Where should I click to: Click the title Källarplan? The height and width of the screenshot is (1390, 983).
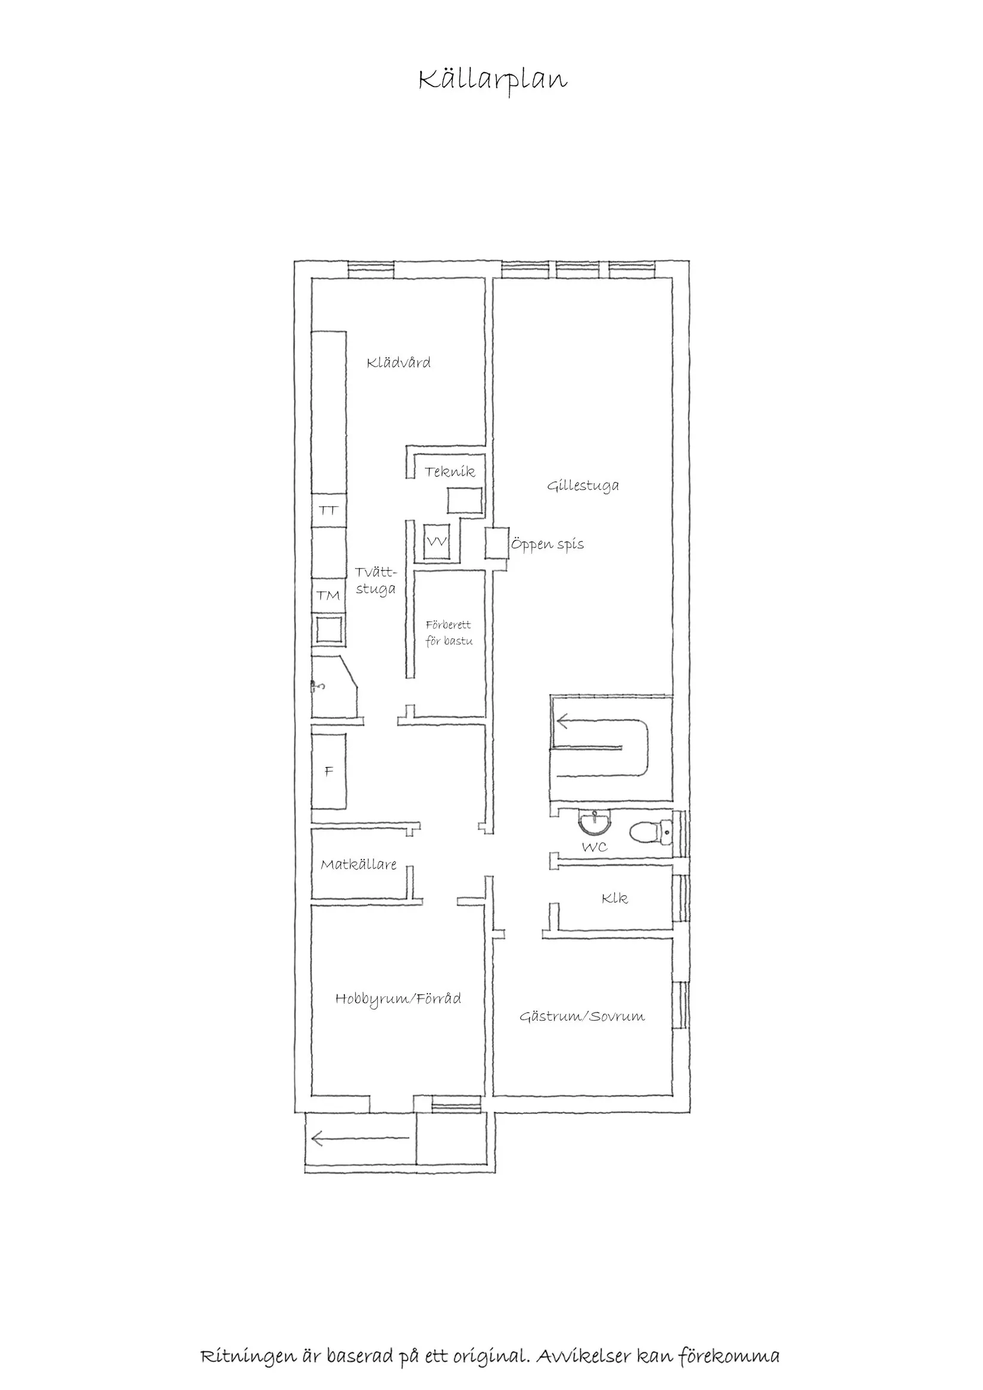pyautogui.click(x=493, y=80)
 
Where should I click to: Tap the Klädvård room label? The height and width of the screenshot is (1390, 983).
pyautogui.click(x=399, y=363)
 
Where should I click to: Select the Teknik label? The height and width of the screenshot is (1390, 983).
pyautogui.click(x=450, y=472)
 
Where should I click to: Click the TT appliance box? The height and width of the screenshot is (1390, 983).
pyautogui.click(x=329, y=511)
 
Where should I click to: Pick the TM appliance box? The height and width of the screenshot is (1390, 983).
pyautogui.click(x=329, y=596)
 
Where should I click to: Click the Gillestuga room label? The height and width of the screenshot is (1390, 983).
pyautogui.click(x=583, y=486)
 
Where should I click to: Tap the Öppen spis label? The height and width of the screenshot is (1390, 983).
pyautogui.click(x=548, y=543)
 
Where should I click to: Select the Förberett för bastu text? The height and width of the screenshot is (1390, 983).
pyautogui.click(x=449, y=633)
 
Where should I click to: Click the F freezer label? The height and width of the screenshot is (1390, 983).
pyautogui.click(x=329, y=772)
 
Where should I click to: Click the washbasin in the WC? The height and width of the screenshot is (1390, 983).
pyautogui.click(x=596, y=823)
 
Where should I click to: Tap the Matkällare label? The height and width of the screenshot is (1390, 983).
pyautogui.click(x=359, y=865)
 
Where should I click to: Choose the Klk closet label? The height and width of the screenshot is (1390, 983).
pyautogui.click(x=614, y=898)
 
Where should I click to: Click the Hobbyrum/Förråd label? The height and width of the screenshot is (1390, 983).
pyautogui.click(x=399, y=1000)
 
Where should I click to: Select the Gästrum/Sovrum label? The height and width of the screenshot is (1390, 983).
pyautogui.click(x=582, y=1016)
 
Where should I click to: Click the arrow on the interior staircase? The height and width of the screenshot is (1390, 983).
pyautogui.click(x=602, y=748)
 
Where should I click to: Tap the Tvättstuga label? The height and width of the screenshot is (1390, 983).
pyautogui.click(x=376, y=580)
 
